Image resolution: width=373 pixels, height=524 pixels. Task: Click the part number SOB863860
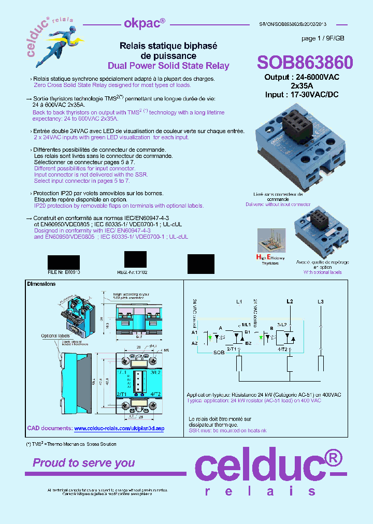[x=305, y=63]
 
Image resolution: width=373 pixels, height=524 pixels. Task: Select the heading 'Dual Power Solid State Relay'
[x=168, y=66]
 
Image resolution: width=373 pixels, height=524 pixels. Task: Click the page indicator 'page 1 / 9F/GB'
[x=322, y=39]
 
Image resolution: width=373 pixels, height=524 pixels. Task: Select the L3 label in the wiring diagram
[x=321, y=301]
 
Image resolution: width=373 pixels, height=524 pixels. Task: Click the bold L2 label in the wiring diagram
[x=290, y=301]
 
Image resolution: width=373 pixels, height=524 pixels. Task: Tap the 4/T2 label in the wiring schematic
[x=282, y=349]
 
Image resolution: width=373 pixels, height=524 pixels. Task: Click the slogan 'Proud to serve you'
[x=84, y=463]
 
